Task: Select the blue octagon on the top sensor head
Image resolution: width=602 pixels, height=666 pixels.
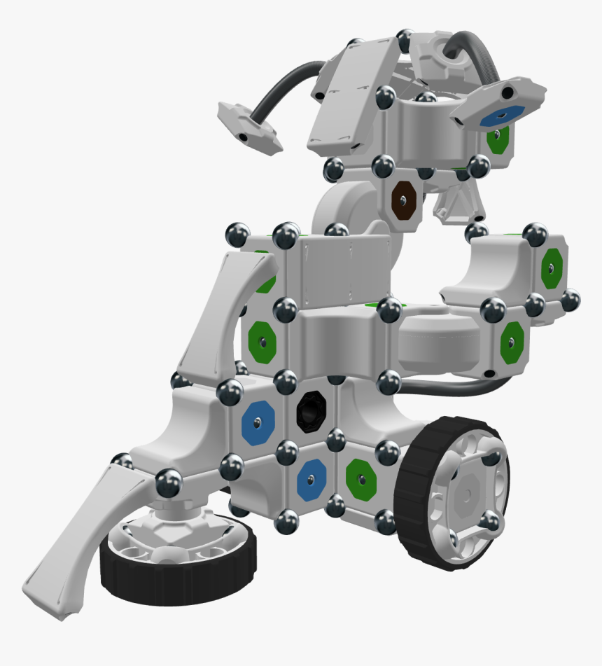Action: pos(502,115)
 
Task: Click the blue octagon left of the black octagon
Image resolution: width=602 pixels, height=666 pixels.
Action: pos(258,422)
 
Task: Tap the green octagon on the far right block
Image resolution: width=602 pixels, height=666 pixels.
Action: pos(552,267)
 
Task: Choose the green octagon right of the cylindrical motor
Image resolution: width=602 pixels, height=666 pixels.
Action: pos(512,342)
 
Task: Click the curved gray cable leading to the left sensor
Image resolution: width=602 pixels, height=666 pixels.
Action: pos(280,88)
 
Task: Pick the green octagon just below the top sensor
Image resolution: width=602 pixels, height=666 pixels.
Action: pos(496,140)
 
